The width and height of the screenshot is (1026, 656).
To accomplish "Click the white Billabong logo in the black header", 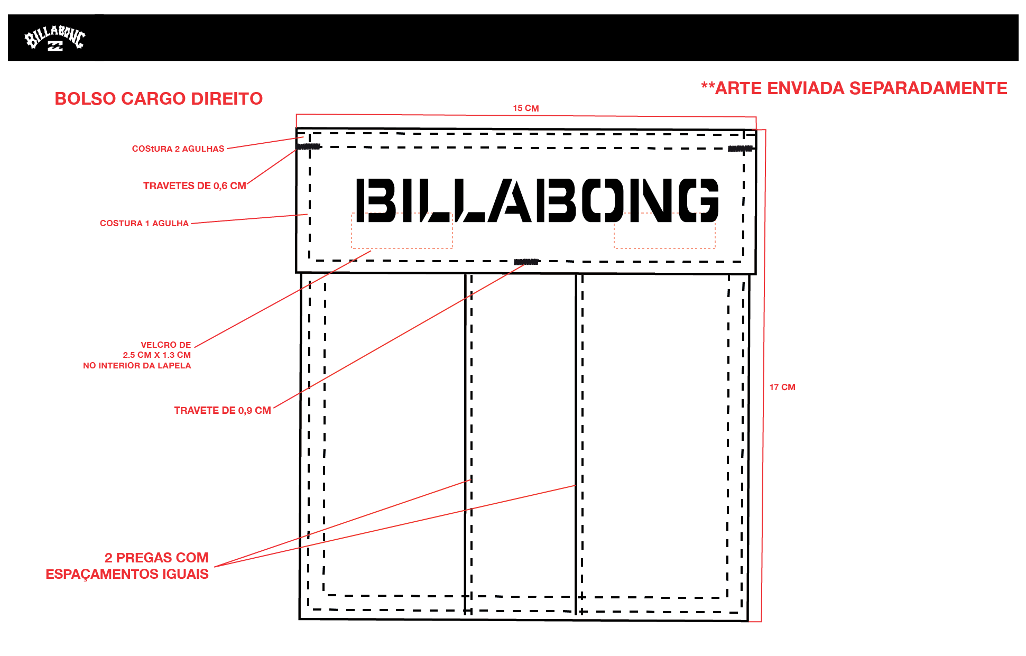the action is tap(55, 38).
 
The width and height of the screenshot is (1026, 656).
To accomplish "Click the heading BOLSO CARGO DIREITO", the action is tap(159, 99).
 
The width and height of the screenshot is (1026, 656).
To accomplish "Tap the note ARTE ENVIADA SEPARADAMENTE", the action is tap(861, 88).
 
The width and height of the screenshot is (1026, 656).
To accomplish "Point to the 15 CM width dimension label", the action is tap(526, 108).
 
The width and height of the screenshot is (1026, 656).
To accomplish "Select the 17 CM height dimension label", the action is tap(782, 387).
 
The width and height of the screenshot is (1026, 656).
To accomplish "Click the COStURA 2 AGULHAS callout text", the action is tap(178, 149).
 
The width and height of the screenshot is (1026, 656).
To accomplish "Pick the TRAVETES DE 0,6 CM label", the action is tap(195, 186).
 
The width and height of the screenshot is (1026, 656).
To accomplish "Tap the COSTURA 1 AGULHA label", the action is tap(144, 224).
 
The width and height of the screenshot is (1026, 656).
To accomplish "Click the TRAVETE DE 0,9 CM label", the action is tap(223, 411).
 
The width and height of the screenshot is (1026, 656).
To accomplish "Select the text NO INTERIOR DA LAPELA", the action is tap(137, 366).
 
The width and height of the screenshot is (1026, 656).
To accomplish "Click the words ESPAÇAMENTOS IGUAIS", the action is tap(127, 575).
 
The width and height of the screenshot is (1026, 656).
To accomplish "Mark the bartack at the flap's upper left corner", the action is tap(308, 146).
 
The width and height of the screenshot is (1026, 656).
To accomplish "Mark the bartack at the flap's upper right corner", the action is tap(740, 149).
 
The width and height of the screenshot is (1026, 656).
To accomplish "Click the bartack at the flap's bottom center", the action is tap(526, 262).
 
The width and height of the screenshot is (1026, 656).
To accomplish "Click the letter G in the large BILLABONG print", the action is tap(698, 200).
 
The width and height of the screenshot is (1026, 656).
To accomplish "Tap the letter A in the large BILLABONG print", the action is tap(510, 200).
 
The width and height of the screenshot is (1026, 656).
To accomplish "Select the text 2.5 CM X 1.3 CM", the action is tap(157, 355).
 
